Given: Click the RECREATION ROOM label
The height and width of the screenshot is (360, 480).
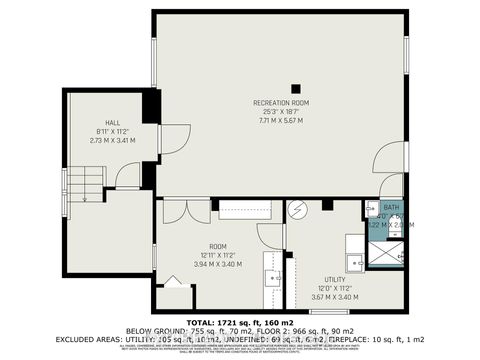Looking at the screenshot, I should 282,103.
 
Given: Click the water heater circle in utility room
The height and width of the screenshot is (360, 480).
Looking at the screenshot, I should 296,211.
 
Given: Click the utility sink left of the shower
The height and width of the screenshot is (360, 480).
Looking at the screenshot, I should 353,245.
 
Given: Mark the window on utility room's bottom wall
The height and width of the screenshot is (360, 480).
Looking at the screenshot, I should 322,312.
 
